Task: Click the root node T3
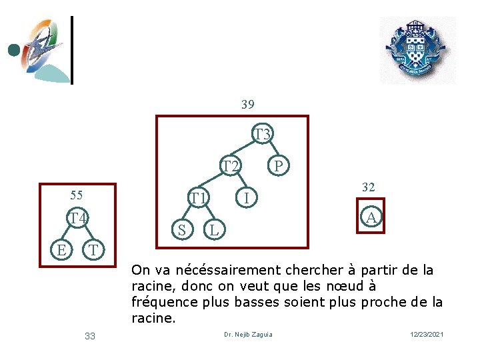(263, 134)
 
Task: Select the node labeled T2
(230, 165)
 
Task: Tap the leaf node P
(278, 165)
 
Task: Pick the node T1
(199, 197)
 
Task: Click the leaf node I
(247, 197)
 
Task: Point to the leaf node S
(182, 229)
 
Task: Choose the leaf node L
(214, 229)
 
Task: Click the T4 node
(77, 217)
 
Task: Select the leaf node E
(61, 249)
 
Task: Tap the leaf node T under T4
(93, 249)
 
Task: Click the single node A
(371, 217)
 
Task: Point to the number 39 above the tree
(247, 105)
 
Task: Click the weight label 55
(77, 195)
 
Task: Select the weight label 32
(368, 187)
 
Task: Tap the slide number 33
(90, 336)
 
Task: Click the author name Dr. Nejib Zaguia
(248, 335)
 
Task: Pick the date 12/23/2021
(427, 334)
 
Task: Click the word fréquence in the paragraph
(165, 303)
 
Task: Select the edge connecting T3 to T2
(243, 148)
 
